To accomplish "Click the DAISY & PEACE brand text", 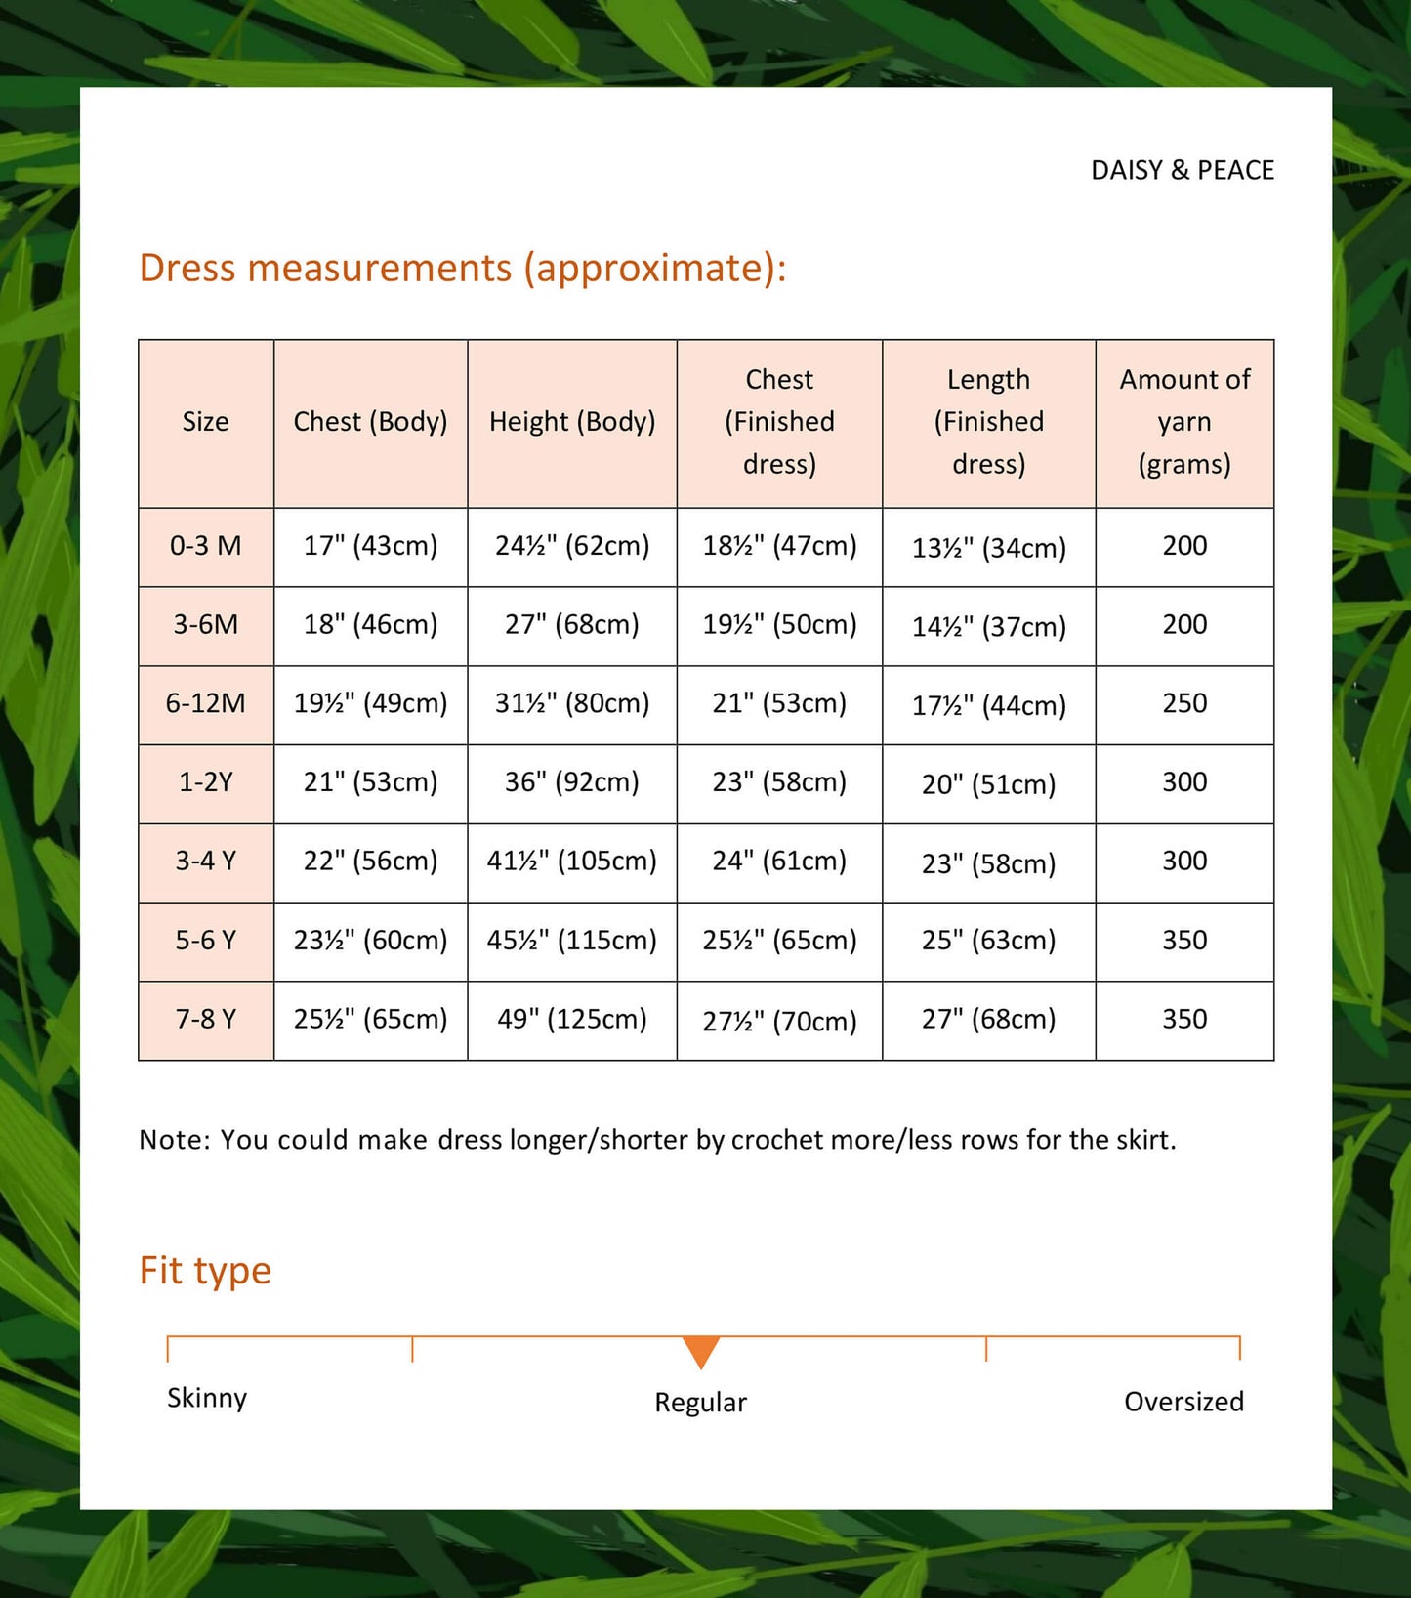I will pyautogui.click(x=1182, y=170).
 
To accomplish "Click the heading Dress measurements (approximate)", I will pyautogui.click(x=462, y=268).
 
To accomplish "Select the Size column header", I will pyautogui.click(x=205, y=422).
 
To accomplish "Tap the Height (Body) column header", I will pyautogui.click(x=572, y=422).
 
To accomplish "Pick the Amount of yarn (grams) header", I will pyautogui.click(x=1184, y=422).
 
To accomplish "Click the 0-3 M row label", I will pyautogui.click(x=205, y=546).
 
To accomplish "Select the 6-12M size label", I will pyautogui.click(x=205, y=703).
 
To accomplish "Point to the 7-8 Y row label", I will pyautogui.click(x=205, y=1020).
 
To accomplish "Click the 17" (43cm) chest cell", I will pyautogui.click(x=370, y=546).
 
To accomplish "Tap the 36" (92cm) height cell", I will pyautogui.click(x=572, y=782).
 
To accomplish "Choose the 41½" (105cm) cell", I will pyautogui.click(x=572, y=862).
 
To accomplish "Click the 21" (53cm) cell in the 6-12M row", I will pyautogui.click(x=779, y=703).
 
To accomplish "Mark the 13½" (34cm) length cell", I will pyautogui.click(x=988, y=548).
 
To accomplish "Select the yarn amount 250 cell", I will pyautogui.click(x=1184, y=703).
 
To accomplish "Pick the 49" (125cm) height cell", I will pyautogui.click(x=572, y=1020).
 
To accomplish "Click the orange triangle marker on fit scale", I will pyautogui.click(x=701, y=1351).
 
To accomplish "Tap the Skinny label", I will pyautogui.click(x=207, y=1398).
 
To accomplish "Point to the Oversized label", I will pyautogui.click(x=1183, y=1402).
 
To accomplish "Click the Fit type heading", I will pyautogui.click(x=205, y=1271).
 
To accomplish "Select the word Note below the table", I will pyautogui.click(x=173, y=1140).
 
